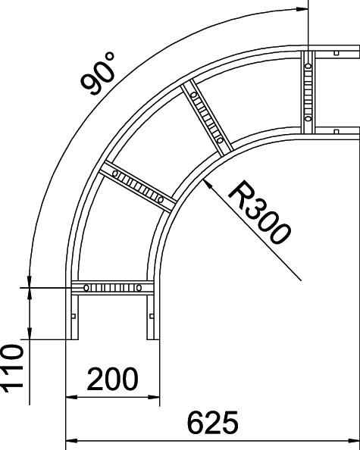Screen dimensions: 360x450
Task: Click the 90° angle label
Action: pyautogui.click(x=98, y=73)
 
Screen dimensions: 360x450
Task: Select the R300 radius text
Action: pyautogui.click(x=259, y=212)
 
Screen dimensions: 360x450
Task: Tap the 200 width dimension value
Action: pyautogui.click(x=112, y=379)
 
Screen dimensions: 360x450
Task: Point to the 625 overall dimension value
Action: pyautogui.click(x=212, y=423)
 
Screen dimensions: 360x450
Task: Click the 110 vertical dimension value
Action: pyautogui.click(x=12, y=368)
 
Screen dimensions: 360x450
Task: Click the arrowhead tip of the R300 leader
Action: pyautogui.click(x=203, y=180)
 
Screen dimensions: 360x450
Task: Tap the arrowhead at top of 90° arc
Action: pyautogui.click(x=308, y=9)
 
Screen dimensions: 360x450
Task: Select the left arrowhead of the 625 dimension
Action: pyautogui.click(x=67, y=441)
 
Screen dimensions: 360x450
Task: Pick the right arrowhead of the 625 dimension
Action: pyautogui.click(x=359, y=441)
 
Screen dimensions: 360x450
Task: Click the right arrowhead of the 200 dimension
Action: pyautogui.click(x=159, y=397)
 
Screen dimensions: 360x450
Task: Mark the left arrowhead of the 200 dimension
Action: pyautogui.click(x=67, y=397)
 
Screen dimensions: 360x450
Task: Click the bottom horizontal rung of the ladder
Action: pyautogui.click(x=112, y=288)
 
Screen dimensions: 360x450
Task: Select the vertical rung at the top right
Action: pyautogui.click(x=308, y=92)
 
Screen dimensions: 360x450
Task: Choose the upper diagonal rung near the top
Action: pyautogui.click(x=207, y=117)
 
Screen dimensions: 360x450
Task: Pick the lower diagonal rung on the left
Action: pyautogui.click(x=138, y=186)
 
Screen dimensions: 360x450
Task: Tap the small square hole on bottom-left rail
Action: pyautogui.click(x=74, y=316)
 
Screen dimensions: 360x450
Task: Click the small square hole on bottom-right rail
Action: pyautogui.click(x=152, y=316)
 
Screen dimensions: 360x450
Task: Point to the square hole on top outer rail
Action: pyautogui.click(x=337, y=53)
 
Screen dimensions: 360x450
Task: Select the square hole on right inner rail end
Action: pyautogui.click(x=337, y=132)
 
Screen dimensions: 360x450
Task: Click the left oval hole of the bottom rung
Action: pyautogui.click(x=86, y=288)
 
